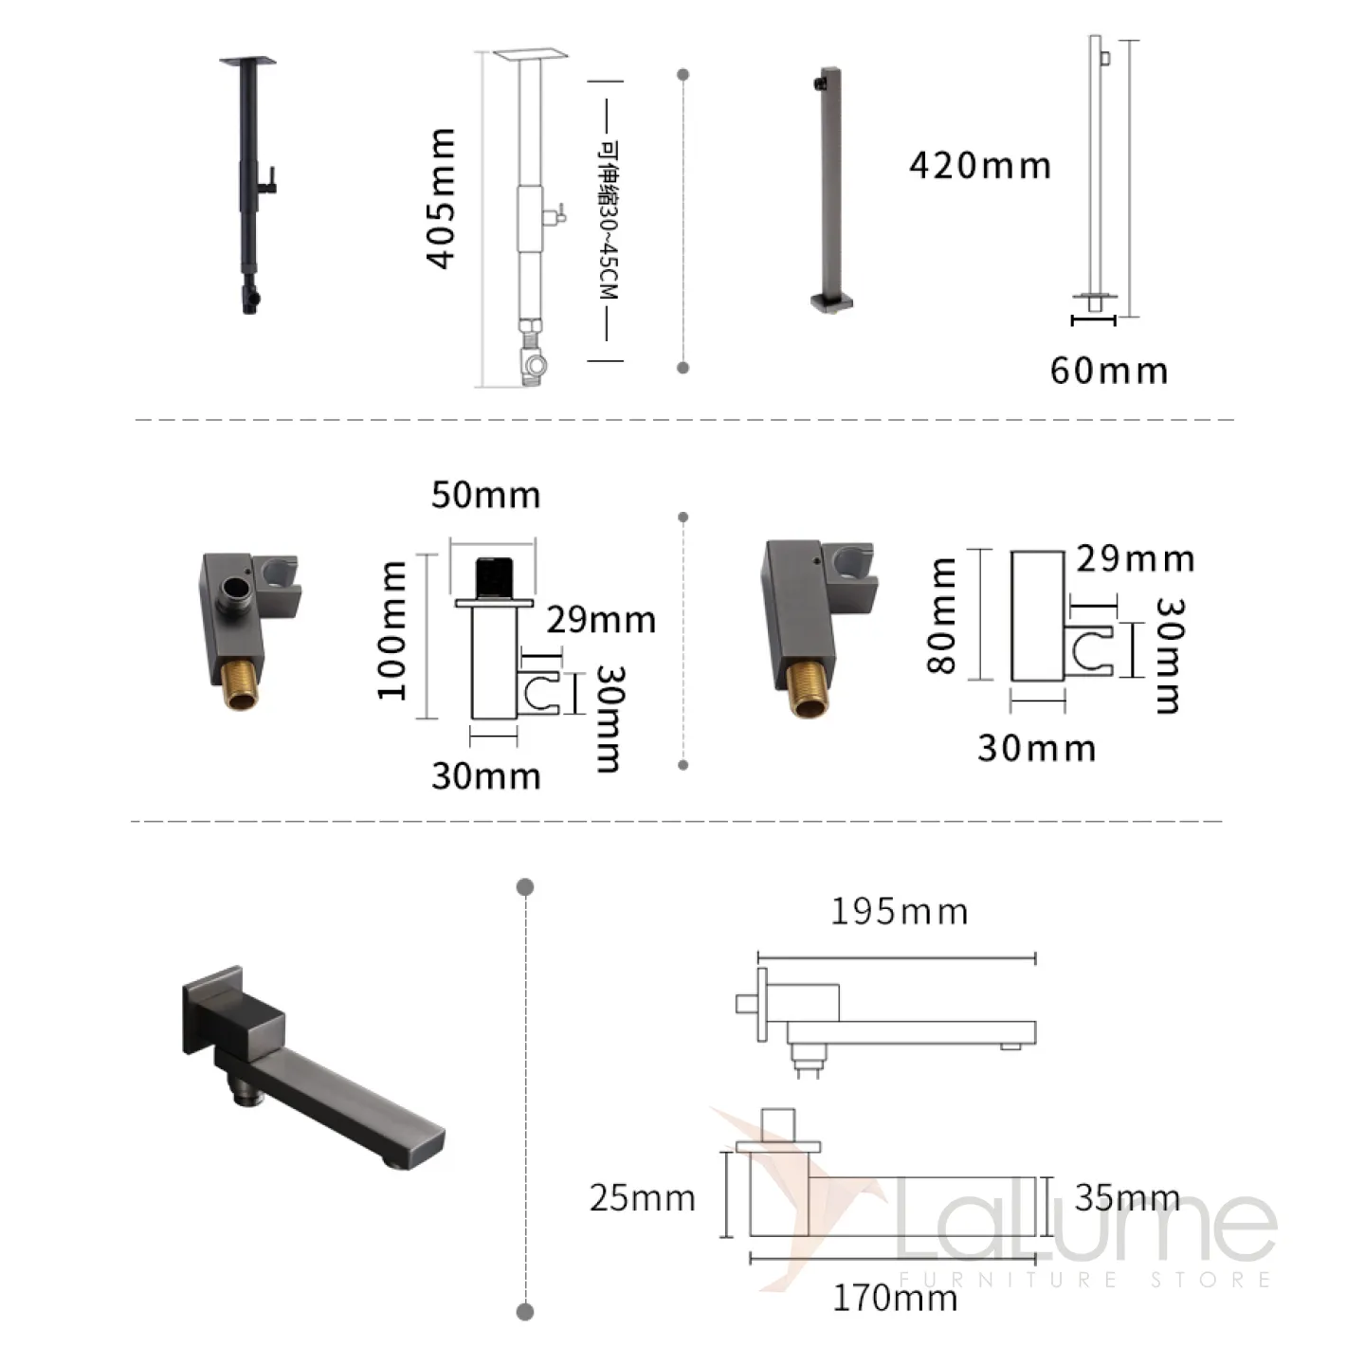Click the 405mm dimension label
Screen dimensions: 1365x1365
pos(441,199)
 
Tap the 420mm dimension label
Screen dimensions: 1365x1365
pos(980,166)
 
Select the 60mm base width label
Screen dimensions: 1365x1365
pos(1109,371)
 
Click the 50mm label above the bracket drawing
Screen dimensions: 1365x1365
pos(486,495)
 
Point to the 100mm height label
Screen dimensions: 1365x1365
pos(391,630)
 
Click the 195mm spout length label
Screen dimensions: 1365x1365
pos(899,912)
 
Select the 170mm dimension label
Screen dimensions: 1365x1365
pos(895,1299)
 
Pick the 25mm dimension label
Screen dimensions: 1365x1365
pos(643,1198)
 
